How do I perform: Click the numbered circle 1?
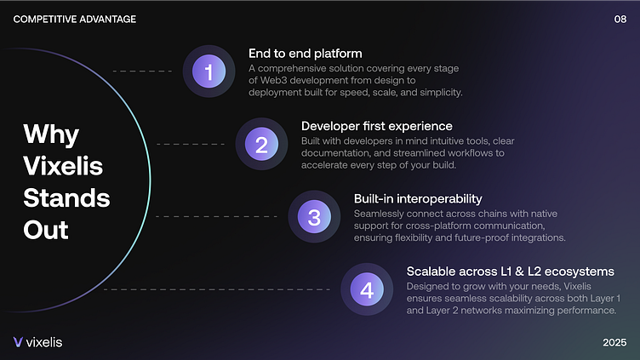[209, 71]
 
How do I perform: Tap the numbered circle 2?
[261, 144]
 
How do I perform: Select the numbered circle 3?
[314, 217]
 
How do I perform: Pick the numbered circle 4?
[367, 289]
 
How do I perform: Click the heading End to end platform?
[306, 54]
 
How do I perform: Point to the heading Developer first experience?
[377, 126]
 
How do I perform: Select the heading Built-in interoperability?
[418, 199]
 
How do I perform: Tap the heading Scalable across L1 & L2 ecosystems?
[510, 271]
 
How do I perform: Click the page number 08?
[620, 20]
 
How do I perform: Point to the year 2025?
[614, 342]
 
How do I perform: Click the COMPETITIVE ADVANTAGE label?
[75, 20]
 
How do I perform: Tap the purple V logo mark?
[18, 342]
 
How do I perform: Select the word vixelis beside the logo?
[44, 342]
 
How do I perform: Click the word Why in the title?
[51, 134]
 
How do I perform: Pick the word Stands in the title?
[66, 198]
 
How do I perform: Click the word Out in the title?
[46, 230]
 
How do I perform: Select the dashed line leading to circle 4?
[217, 289]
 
